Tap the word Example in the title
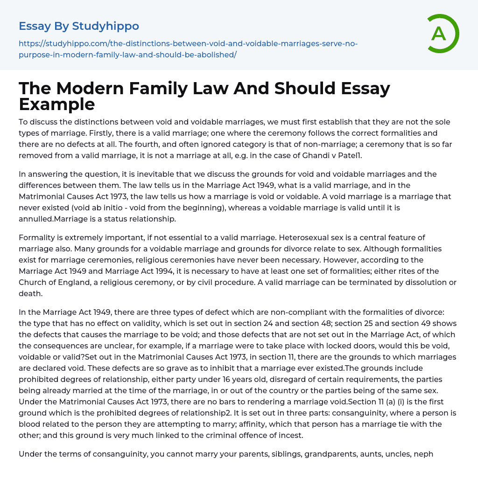point(57,104)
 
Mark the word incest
point(289,435)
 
